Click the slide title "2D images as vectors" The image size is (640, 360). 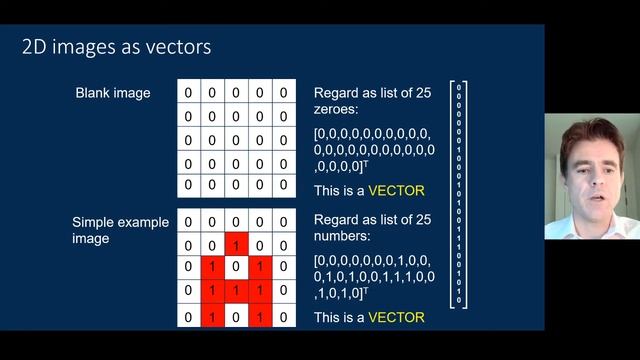click(116, 48)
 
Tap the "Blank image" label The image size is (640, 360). click(113, 94)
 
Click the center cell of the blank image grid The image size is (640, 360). click(236, 140)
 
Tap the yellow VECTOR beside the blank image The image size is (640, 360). click(397, 190)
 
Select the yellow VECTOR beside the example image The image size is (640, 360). click(397, 317)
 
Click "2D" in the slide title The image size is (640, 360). click(35, 48)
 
